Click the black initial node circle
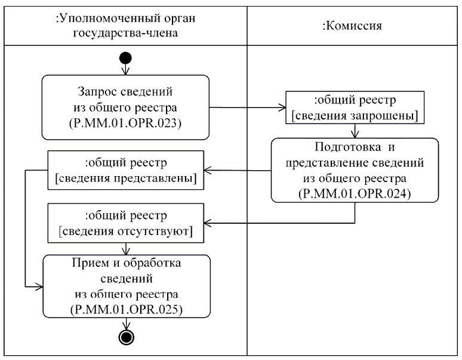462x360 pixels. click(125, 59)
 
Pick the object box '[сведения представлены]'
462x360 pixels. click(125, 170)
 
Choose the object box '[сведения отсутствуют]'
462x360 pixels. click(125, 223)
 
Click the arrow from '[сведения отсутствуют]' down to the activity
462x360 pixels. click(125, 248)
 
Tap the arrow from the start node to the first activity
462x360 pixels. click(125, 70)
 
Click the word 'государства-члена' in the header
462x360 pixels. click(125, 33)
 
